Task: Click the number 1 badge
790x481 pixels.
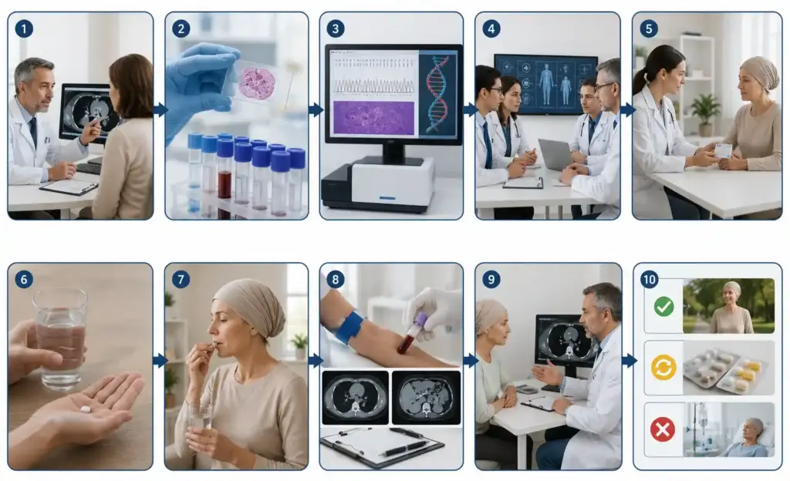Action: point(24,29)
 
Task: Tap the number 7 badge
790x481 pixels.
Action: point(181,279)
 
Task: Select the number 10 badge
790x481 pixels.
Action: point(650,279)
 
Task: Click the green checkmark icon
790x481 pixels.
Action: point(663,307)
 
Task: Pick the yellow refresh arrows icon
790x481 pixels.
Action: point(663,368)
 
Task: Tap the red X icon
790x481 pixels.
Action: point(663,430)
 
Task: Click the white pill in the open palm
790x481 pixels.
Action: point(85,409)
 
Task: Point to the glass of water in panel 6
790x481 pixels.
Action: point(60,338)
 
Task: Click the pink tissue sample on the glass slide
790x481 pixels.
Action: point(257,83)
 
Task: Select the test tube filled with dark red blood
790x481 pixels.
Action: point(225,170)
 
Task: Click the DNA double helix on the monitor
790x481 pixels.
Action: point(437,94)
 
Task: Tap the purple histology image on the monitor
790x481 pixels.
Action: point(374,118)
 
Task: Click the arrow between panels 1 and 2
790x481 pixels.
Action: point(160,109)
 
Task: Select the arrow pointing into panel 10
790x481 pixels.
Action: point(630,360)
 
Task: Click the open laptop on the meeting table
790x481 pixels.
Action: point(555,155)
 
